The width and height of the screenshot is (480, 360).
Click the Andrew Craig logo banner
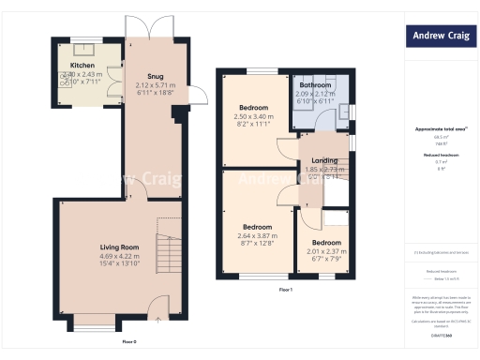click(x=439, y=37)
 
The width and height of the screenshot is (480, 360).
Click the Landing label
click(x=324, y=160)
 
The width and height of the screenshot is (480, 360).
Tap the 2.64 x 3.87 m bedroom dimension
click(x=258, y=235)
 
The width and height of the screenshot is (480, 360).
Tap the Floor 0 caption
click(x=129, y=341)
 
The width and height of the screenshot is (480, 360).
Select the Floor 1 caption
click(x=286, y=290)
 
